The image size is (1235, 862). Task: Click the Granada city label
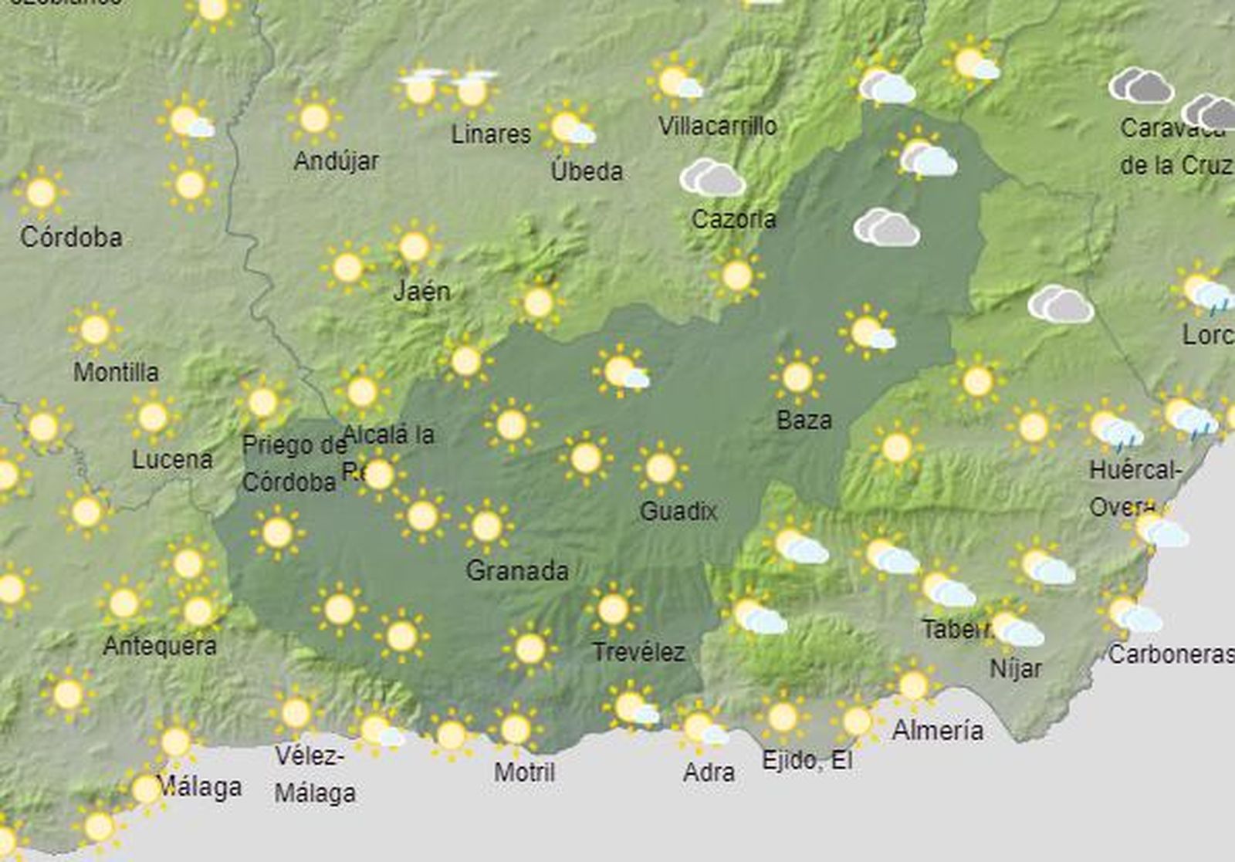click(517, 571)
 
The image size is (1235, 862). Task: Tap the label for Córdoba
click(71, 237)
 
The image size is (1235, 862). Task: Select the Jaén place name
click(421, 291)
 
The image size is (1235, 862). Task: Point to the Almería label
click(937, 730)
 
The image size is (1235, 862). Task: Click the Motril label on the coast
click(524, 772)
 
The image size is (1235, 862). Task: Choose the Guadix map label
click(678, 511)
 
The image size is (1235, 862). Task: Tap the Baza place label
click(804, 421)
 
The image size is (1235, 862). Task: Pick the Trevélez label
click(638, 653)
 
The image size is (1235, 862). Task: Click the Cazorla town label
click(733, 219)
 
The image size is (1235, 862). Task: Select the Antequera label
click(160, 646)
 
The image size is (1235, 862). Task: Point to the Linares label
click(491, 134)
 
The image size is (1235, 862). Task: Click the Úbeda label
click(587, 171)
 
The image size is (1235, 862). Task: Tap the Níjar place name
click(1015, 668)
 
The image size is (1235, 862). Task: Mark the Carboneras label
click(1171, 654)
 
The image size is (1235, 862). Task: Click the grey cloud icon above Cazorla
click(712, 178)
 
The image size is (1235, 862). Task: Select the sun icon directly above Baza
click(797, 377)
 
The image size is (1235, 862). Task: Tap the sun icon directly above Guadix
click(660, 468)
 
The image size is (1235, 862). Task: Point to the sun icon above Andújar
click(314, 118)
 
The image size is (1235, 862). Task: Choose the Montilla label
click(116, 372)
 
